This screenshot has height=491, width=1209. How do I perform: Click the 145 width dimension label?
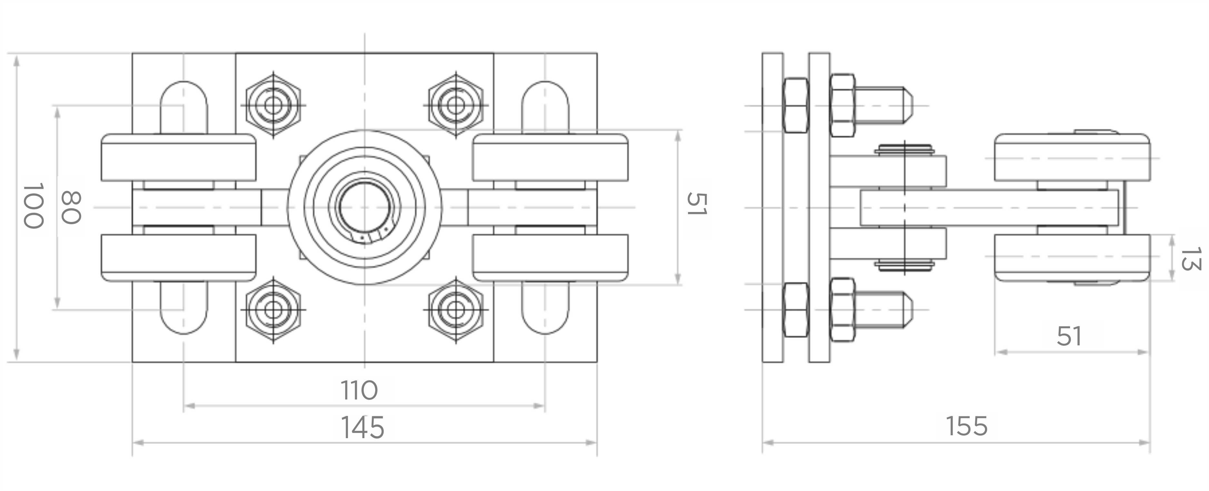(362, 427)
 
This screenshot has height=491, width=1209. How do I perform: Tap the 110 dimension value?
(359, 390)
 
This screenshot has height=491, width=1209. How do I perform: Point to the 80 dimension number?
(71, 207)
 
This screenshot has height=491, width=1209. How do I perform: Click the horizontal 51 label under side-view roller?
(1069, 336)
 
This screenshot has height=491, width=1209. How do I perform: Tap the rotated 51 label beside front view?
(696, 204)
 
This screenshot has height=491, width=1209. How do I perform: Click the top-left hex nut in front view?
(273, 105)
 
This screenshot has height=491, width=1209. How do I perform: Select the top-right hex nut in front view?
(455, 105)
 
